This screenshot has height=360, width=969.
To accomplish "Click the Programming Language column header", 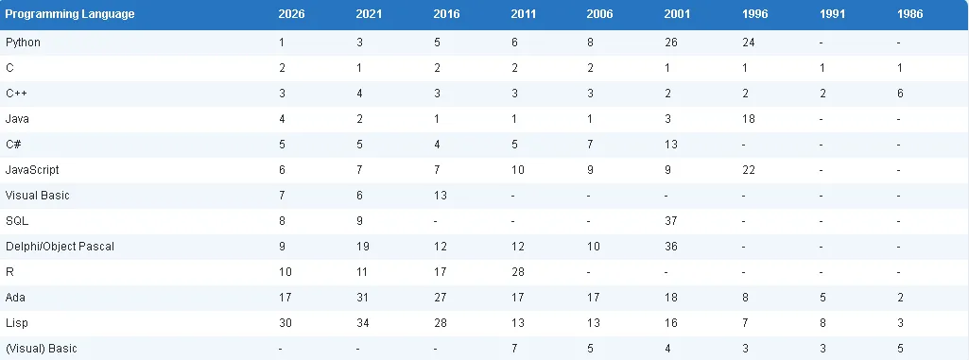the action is (70, 14).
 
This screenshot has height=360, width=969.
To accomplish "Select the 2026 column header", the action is (292, 14).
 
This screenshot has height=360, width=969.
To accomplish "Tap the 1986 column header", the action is (910, 14).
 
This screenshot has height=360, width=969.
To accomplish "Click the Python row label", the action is (23, 43).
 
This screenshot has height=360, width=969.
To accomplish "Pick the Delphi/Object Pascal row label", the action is (60, 247).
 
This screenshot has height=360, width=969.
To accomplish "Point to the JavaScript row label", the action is (32, 170).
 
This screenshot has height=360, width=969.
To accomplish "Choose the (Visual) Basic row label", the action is (41, 349).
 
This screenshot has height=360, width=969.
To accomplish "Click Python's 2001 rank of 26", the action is (671, 43).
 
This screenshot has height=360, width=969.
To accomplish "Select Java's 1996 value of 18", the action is (749, 119).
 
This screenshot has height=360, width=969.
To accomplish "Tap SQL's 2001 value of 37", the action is (671, 220).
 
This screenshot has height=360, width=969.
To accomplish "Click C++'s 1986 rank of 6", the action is (900, 94).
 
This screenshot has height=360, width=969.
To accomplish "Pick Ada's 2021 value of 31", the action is (363, 297).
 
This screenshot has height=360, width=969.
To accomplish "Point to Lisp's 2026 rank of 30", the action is (285, 323).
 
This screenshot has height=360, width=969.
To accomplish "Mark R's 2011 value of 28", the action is (518, 272).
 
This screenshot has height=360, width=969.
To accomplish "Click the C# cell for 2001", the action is (671, 145).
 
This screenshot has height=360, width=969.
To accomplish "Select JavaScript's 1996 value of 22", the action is (749, 170).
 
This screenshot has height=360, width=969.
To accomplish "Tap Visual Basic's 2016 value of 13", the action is (440, 196).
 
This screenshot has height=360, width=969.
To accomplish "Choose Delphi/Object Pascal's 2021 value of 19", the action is (363, 247).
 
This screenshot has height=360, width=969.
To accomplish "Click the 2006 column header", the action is (600, 14).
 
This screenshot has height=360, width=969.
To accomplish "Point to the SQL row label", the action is (17, 220).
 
